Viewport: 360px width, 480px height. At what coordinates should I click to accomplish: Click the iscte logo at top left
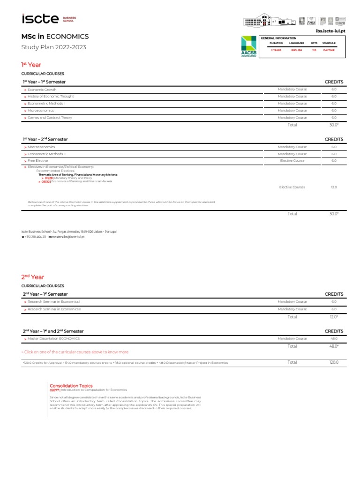40,19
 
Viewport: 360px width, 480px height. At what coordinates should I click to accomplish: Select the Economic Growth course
42,90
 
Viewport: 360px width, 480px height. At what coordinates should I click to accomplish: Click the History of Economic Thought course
51,97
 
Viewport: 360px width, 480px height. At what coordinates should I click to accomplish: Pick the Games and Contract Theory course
50,118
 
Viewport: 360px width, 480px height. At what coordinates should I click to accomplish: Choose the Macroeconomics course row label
41,147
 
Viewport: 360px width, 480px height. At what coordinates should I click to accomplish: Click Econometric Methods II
46,154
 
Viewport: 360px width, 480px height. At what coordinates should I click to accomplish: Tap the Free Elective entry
37,161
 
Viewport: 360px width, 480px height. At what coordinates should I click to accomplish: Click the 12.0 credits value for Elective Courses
334,187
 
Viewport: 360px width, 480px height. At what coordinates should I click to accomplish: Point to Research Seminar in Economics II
54,309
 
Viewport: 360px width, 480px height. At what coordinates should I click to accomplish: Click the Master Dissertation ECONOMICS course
53,338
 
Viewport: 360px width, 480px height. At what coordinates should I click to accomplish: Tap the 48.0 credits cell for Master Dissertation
334,338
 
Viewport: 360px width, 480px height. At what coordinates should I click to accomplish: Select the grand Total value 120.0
334,362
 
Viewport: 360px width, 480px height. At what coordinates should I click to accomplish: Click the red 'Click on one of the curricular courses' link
75,352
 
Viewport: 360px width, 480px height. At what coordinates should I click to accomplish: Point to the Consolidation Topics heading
71,385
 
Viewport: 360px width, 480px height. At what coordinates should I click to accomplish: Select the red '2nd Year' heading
32,277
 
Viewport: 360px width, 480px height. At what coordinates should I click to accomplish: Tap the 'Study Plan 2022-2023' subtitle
54,47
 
